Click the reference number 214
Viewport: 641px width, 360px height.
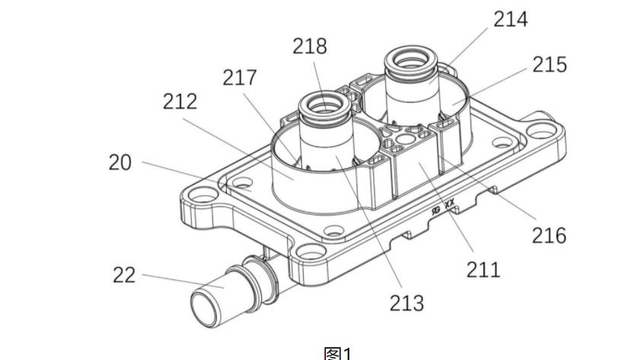coord(511,19)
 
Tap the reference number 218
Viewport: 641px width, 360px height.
coord(310,46)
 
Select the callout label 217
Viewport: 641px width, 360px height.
coord(240,77)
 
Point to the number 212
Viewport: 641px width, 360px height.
coord(180,101)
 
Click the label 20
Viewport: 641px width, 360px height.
coord(120,162)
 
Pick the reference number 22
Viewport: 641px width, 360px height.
coord(124,275)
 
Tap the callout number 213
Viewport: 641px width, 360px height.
coord(407,303)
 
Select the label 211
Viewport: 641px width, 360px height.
coord(483,270)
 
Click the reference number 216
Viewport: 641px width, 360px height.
coord(549,235)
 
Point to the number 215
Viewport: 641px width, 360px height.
coord(550,65)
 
